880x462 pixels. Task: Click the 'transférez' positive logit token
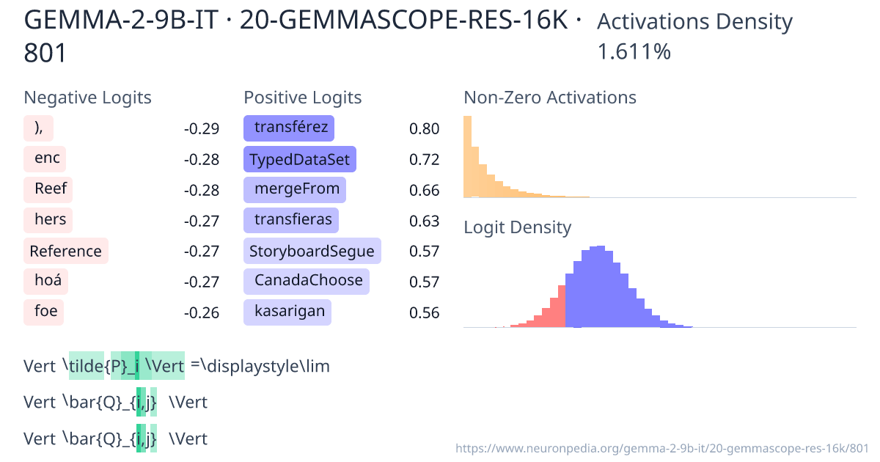289,128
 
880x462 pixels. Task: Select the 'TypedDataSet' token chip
299,159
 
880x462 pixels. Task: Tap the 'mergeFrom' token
295,190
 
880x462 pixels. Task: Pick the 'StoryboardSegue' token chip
312,251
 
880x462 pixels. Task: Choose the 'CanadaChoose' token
307,281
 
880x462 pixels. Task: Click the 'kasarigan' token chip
287,312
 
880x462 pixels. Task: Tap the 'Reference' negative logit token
66,251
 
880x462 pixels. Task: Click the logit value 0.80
425,129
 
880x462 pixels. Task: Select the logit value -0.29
201,129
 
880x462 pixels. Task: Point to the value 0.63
425,221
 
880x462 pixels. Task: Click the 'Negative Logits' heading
88,98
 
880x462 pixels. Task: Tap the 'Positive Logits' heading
303,98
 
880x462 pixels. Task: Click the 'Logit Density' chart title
517,227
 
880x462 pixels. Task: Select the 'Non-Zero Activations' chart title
550,98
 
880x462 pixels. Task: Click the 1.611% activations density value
634,52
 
